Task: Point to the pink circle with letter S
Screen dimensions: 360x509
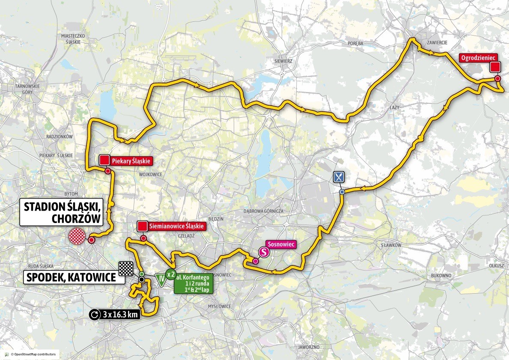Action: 265,253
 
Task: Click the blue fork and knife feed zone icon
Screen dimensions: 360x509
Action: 339,176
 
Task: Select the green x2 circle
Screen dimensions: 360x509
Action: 170,274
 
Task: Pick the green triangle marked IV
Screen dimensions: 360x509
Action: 161,281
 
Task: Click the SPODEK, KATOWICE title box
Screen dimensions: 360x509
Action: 71,277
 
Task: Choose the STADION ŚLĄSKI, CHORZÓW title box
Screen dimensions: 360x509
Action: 63,212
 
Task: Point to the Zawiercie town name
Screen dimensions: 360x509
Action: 438,42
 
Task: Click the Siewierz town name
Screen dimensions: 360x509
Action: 283,61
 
